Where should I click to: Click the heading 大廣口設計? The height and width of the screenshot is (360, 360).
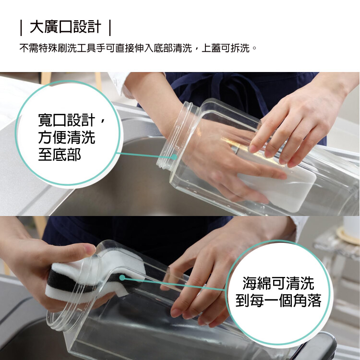pos(65,27)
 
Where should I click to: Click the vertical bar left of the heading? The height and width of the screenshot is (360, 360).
pos(21,28)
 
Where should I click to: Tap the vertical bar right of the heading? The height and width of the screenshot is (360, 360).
pos(110,28)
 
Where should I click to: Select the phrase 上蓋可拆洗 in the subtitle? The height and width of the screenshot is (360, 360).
pos(226,48)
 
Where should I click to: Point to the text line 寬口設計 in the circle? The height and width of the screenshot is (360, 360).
pos(67,120)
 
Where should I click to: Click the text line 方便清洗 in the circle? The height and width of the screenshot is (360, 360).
pos(67,138)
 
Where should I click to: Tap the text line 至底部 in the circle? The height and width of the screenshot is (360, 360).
pos(60,154)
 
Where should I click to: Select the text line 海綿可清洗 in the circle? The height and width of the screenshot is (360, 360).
pos(278,283)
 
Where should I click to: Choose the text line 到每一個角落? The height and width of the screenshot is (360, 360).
pos(278,300)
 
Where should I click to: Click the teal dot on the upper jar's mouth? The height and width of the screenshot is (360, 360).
pos(174,157)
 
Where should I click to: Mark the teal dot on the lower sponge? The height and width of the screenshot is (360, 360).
pos(122,278)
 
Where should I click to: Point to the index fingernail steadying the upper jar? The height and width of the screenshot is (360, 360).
pos(253,148)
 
